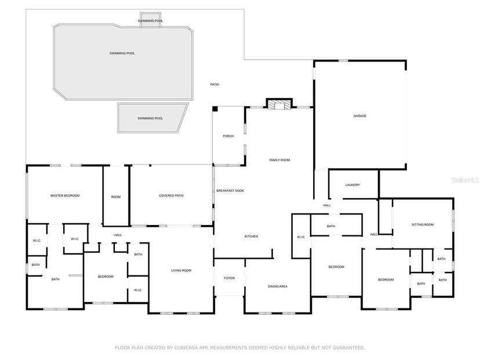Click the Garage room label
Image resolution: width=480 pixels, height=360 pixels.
(359, 116)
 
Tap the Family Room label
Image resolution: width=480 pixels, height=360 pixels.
(279, 160)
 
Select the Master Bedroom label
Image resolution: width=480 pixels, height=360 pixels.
(65, 195)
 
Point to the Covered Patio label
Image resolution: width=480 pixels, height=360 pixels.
(171, 195)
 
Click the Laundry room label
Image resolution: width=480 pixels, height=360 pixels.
(352, 185)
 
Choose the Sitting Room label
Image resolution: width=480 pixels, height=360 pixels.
(423, 225)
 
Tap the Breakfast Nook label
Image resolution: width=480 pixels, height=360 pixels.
(230, 191)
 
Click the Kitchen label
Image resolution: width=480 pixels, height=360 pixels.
(251, 237)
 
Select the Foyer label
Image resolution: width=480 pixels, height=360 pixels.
(230, 278)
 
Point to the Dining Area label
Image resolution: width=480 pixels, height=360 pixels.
(278, 286)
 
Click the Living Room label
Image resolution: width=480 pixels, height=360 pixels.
(181, 271)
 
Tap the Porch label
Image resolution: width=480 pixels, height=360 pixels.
(228, 136)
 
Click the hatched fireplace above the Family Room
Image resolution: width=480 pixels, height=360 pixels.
(279, 104)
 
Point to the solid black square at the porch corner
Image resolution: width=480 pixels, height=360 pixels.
(215, 108)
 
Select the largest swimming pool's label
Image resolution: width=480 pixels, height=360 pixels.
(122, 53)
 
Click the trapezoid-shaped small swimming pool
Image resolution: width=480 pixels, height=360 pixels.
(152, 118)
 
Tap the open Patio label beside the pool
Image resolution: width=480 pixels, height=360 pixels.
(214, 85)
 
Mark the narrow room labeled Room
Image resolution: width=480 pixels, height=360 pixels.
(116, 197)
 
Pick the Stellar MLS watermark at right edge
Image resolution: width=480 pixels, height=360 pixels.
(466, 180)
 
